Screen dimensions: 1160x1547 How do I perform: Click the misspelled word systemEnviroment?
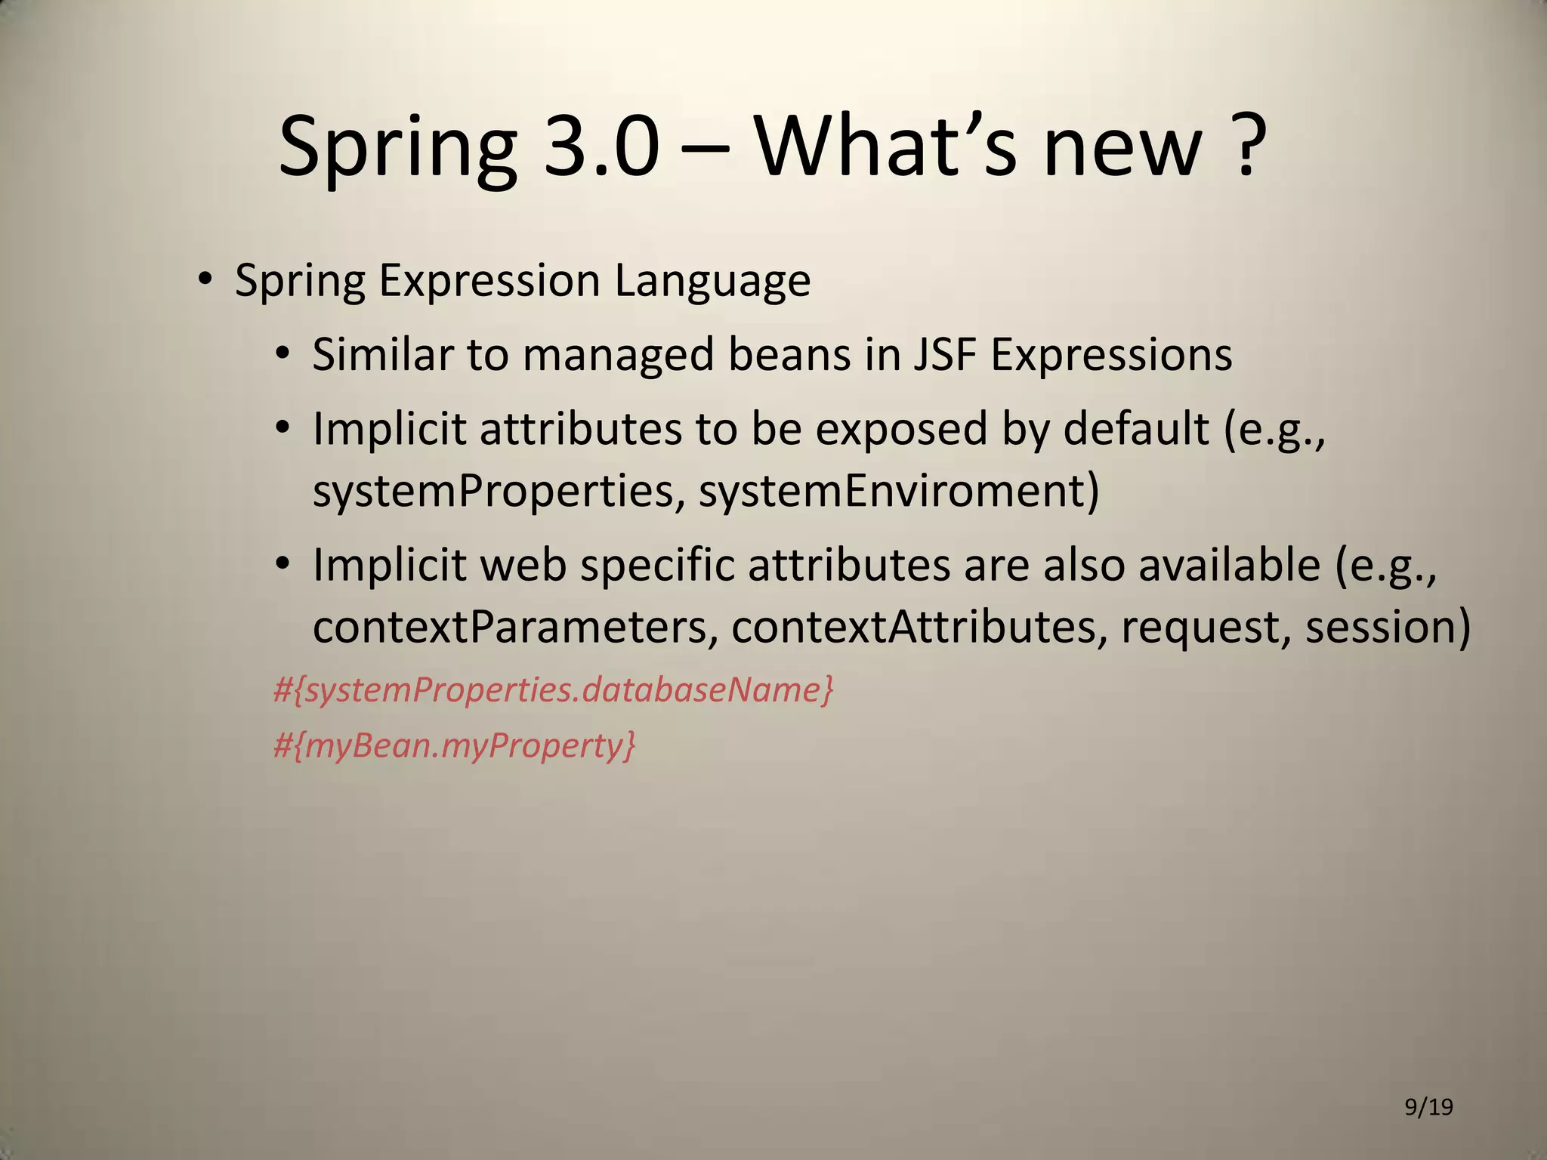[x=899, y=490]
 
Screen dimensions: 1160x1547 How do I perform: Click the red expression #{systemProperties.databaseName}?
[x=553, y=690]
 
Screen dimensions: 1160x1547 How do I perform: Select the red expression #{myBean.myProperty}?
[x=454, y=746]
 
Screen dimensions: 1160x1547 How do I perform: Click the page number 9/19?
[x=1428, y=1107]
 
